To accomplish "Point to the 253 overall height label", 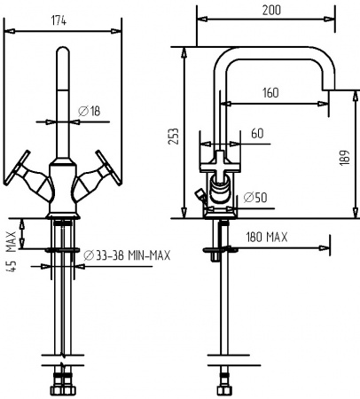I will (x=174, y=137).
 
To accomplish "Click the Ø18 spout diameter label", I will (x=89, y=110).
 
